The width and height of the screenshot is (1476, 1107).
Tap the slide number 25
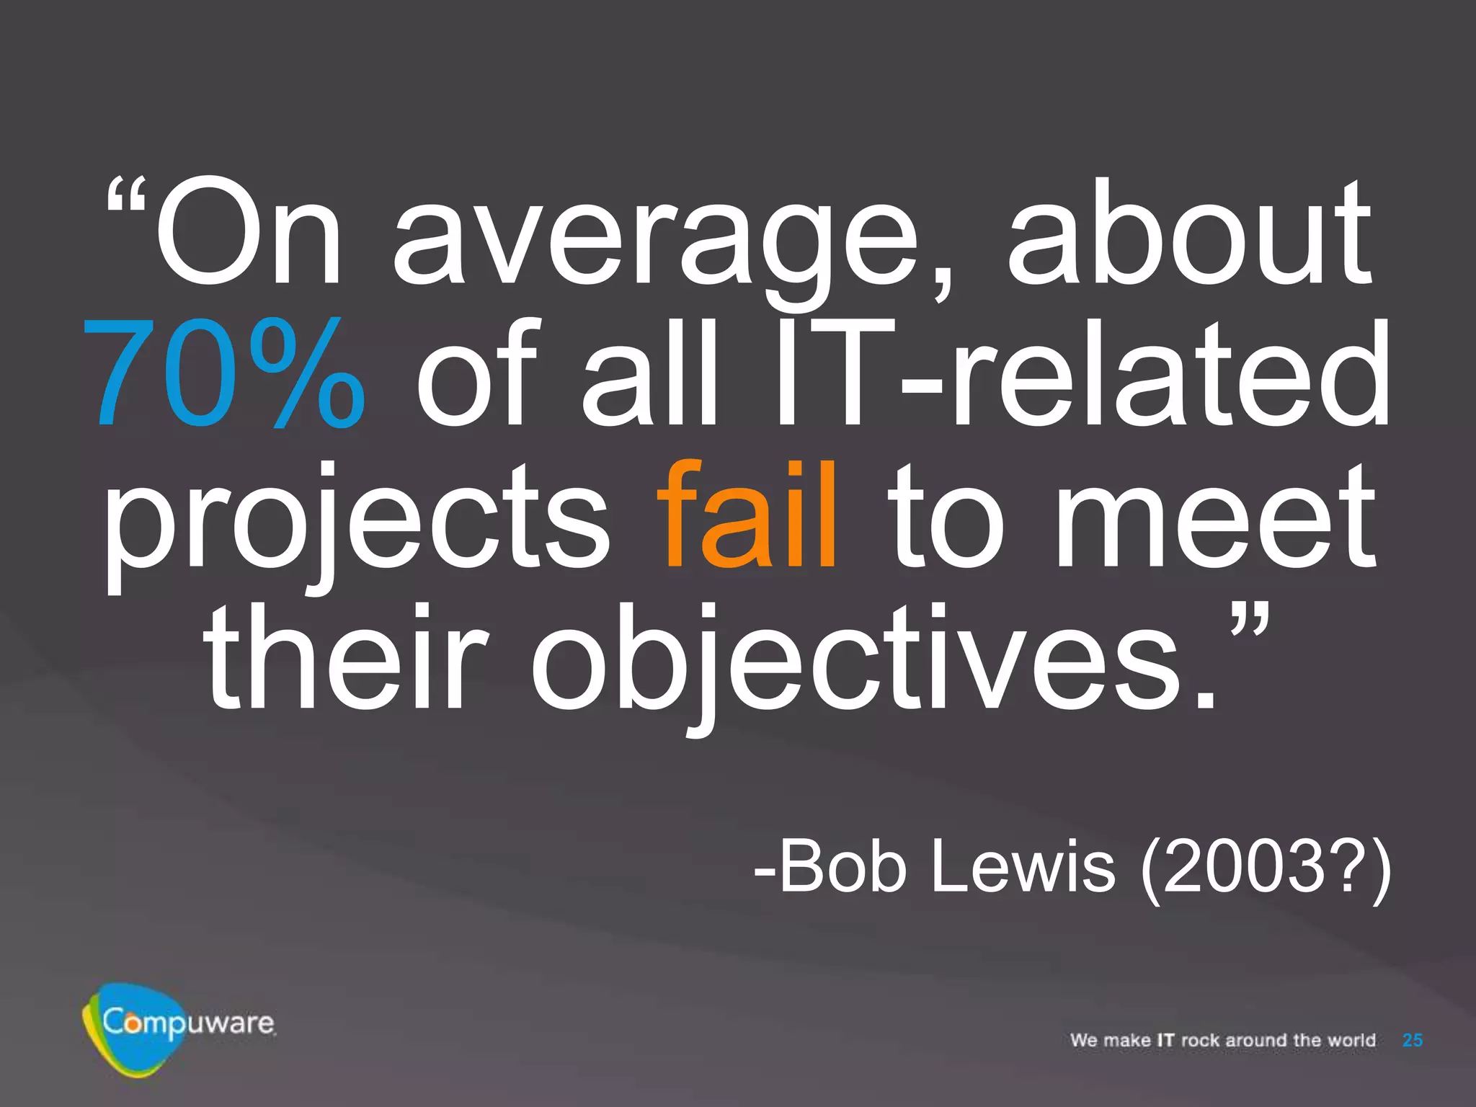click(1413, 1040)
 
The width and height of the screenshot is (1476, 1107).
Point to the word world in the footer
click(1351, 1040)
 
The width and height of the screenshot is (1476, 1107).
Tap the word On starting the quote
click(249, 234)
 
